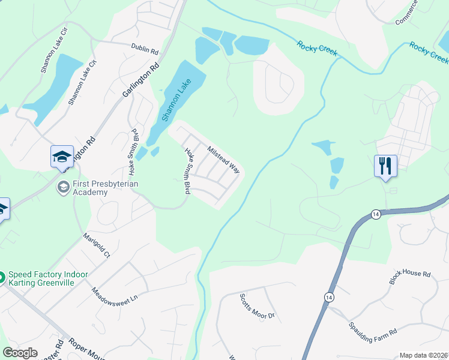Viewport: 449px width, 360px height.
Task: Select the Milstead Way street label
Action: pyautogui.click(x=223, y=160)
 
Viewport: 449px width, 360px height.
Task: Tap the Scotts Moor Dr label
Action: pyautogui.click(x=257, y=307)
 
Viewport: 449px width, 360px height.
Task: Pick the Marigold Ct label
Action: pyautogui.click(x=97, y=245)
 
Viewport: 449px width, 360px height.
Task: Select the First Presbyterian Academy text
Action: pyautogui.click(x=90, y=188)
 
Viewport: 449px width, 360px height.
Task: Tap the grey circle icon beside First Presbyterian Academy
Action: pyautogui.click(x=62, y=188)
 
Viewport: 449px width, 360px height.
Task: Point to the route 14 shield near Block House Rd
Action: pyautogui.click(x=376, y=214)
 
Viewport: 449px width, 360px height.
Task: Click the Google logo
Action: pyautogui.click(x=20, y=353)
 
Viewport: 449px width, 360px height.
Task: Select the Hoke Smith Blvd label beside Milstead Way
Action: pyautogui.click(x=187, y=170)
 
